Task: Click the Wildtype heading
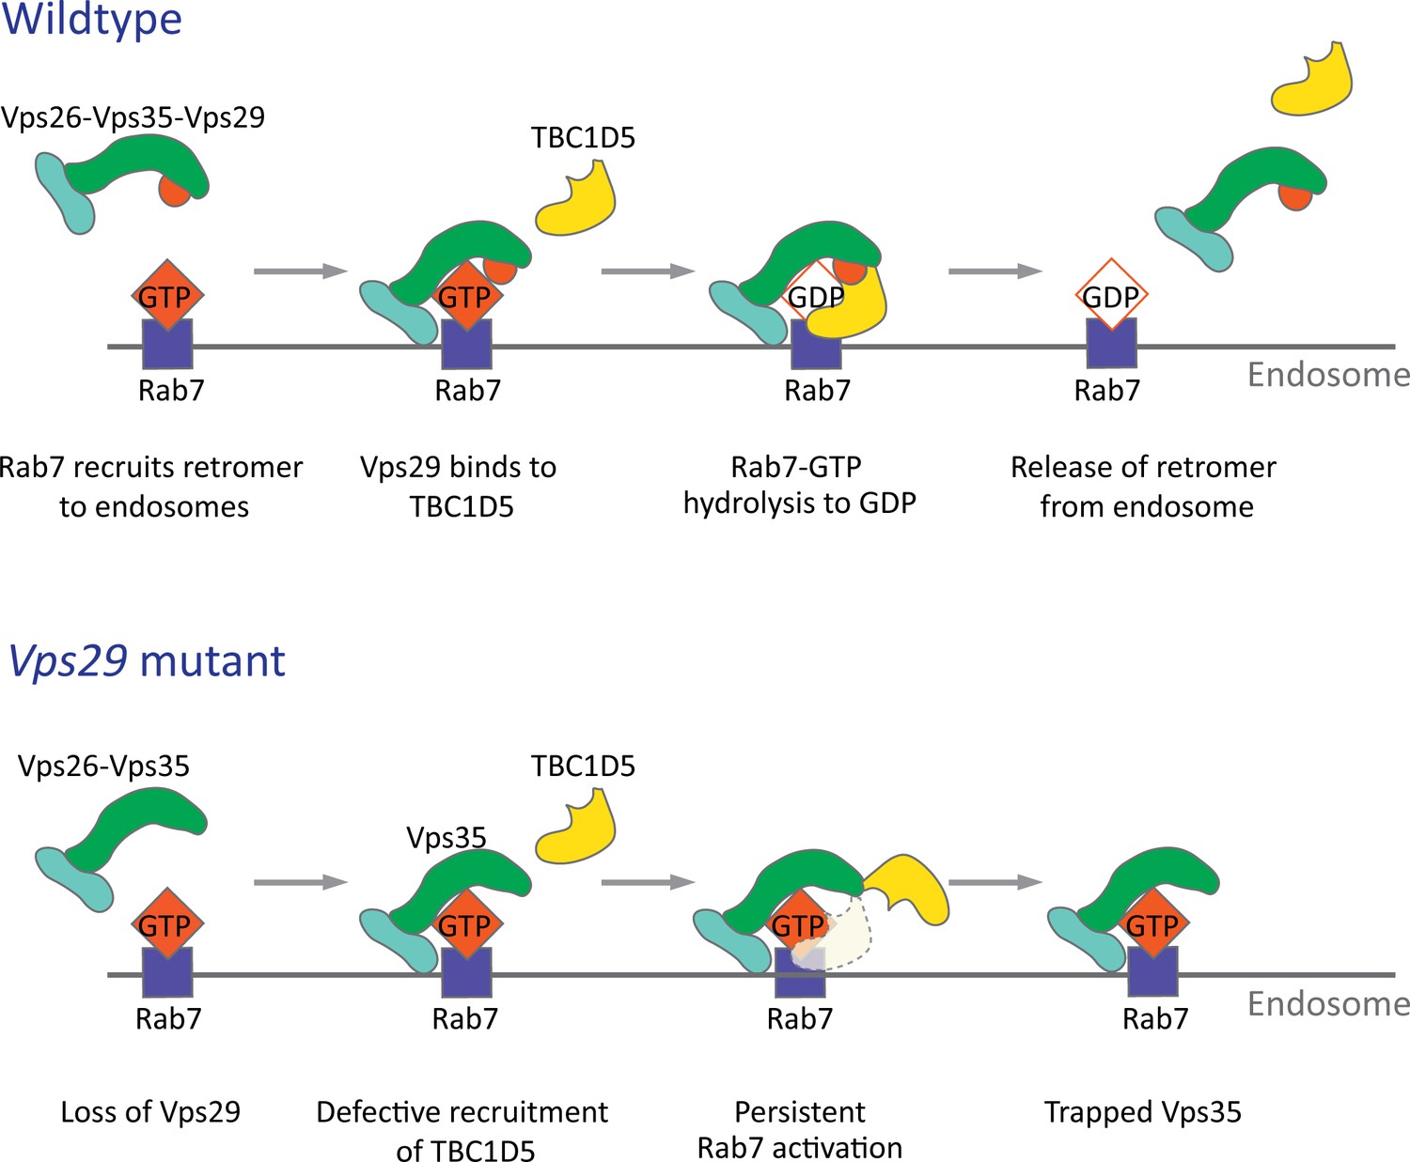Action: coord(92,21)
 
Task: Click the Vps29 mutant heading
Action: coord(147,660)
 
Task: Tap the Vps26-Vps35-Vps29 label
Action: coord(133,117)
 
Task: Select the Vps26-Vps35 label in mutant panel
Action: coord(103,766)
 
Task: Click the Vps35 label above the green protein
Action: coord(446,837)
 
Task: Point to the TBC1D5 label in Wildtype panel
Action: coord(583,138)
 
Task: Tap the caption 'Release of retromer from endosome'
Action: coord(1144,487)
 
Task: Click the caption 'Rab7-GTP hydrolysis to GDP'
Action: coord(800,485)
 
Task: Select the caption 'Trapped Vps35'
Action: coord(1143,1112)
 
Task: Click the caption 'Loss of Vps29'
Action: coord(150,1112)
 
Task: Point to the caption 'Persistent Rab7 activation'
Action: coord(800,1130)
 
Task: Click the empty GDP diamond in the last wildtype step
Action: coord(1111,295)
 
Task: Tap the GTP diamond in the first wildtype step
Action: coord(166,296)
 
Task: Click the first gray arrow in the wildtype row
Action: coord(301,271)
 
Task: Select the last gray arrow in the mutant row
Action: coord(995,882)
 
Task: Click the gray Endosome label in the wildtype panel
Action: coord(1328,375)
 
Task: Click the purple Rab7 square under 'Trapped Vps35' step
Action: coord(1152,971)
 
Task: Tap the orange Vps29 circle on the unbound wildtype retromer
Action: coord(174,193)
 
